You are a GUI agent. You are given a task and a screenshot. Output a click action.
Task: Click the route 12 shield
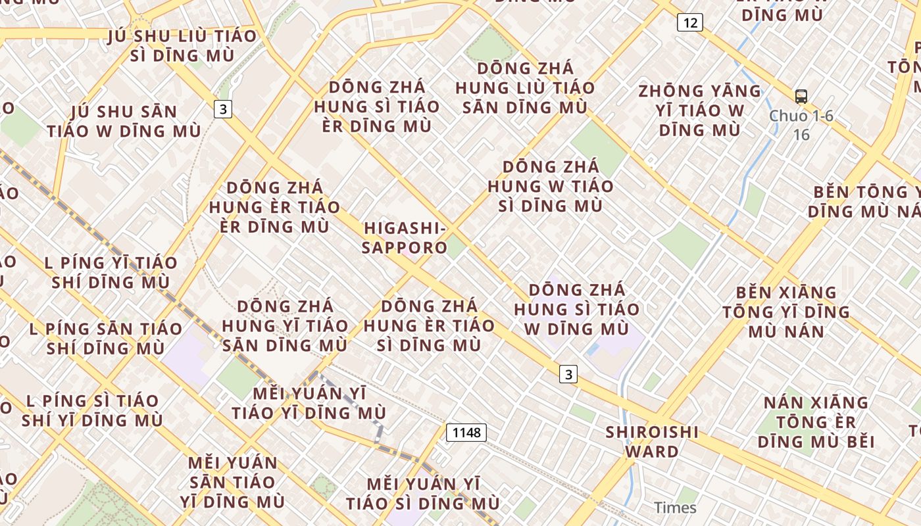689,23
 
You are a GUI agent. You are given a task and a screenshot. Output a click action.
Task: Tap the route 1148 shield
466,432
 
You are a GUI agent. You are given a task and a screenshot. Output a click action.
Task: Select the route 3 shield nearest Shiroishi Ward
568,374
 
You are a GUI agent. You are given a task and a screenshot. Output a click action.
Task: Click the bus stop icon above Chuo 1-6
801,97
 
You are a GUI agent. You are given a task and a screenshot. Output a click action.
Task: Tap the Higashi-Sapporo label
405,238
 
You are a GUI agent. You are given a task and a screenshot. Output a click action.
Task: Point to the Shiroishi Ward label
651,442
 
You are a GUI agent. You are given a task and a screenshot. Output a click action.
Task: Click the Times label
675,508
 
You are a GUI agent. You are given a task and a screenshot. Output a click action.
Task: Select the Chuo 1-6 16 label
801,125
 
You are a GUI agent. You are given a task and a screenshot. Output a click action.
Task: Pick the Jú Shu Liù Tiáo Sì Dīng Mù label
183,46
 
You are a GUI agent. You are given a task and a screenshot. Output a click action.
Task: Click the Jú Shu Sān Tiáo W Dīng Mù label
124,122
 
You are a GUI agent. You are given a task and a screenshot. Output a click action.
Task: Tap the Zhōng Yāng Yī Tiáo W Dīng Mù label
700,110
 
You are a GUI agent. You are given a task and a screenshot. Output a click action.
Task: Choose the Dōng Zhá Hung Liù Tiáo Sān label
525,87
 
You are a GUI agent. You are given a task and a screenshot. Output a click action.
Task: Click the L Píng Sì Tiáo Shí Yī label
92,410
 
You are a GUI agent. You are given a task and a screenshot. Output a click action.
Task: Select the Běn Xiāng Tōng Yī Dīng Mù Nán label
786,312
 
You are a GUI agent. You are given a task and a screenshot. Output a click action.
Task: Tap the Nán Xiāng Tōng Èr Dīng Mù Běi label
816,421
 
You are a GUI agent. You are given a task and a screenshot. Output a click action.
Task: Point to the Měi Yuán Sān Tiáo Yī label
232,482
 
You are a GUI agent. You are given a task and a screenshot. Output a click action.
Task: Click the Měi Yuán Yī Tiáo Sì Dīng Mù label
423,494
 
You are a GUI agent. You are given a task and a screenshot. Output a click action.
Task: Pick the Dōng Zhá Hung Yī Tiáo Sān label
285,325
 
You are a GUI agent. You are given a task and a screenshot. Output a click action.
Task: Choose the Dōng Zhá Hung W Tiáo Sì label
551,186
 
